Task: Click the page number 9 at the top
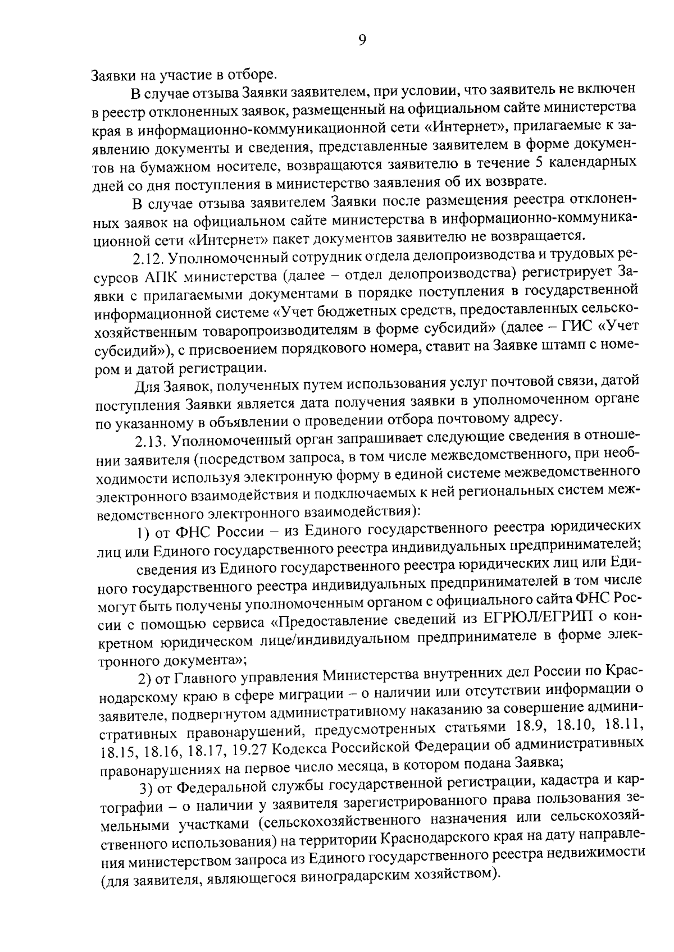pyautogui.click(x=362, y=39)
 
